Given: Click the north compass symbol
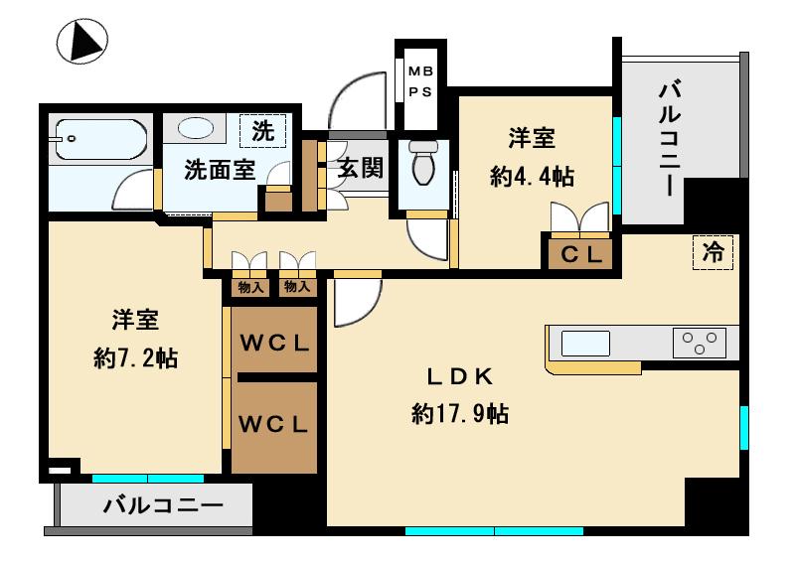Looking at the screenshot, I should tap(81, 43).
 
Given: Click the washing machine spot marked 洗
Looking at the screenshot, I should tap(262, 129).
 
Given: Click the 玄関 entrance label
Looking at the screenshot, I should tap(359, 169).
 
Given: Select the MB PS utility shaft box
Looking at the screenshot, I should tap(420, 83).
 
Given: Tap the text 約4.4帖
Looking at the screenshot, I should tap(532, 177).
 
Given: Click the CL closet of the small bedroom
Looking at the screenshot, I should tap(582, 253).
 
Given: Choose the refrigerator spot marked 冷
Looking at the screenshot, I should tap(713, 253).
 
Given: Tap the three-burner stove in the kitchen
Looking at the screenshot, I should tap(700, 343).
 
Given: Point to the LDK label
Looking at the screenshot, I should tap(460, 378).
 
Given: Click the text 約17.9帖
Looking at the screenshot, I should tap(460, 414).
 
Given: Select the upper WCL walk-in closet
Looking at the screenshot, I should tap(274, 344).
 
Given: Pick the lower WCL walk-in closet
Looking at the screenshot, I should tap(274, 424).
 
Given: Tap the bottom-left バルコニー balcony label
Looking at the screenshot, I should tap(164, 505).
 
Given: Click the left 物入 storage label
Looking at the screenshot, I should tap(250, 287).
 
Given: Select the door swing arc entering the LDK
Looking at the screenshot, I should tap(356, 303).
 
